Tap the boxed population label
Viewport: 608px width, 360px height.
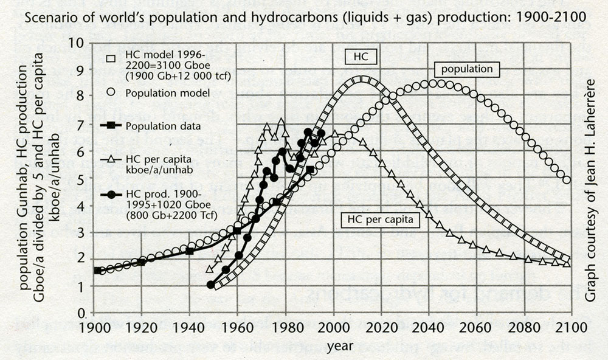(x=467, y=69)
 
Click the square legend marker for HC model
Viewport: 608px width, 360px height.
(x=111, y=59)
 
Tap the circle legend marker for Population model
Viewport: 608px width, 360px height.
(x=111, y=93)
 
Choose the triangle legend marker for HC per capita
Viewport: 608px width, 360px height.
(x=111, y=157)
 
